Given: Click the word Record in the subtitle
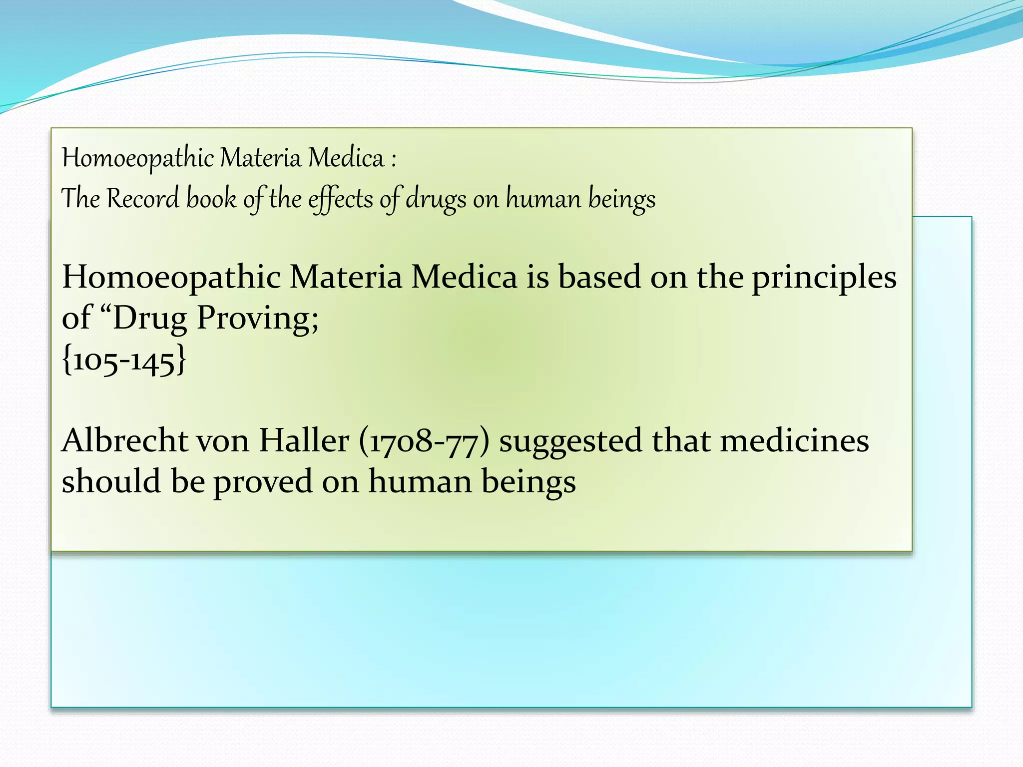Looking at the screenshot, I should click(143, 199).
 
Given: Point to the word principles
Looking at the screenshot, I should click(824, 279).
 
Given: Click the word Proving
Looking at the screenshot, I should click(257, 319).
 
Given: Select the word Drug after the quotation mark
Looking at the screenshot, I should click(149, 319).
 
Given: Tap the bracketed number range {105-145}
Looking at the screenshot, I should click(124, 360).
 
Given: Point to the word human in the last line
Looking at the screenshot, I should click(419, 482).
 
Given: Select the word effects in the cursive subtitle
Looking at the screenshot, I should click(340, 200).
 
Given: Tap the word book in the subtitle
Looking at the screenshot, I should click(211, 199).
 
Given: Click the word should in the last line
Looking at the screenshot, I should click(111, 482).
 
